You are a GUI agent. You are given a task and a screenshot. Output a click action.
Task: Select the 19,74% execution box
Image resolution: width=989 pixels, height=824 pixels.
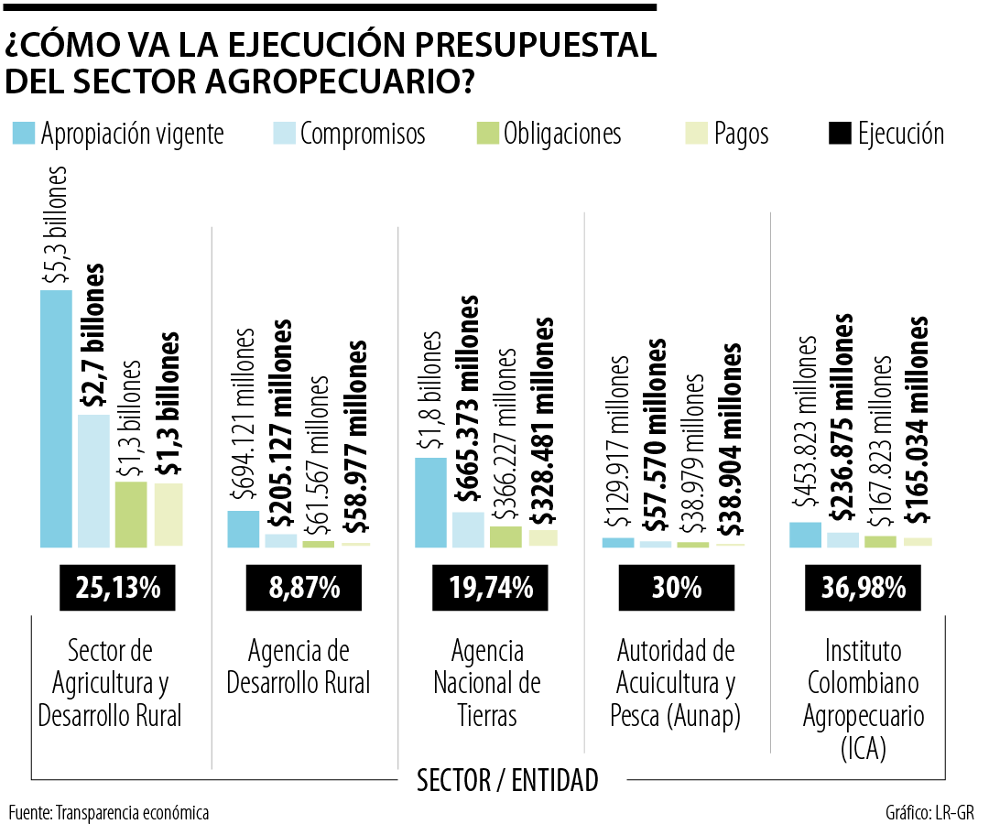click(492, 588)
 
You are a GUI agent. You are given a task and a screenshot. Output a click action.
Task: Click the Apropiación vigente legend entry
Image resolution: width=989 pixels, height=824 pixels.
click(118, 134)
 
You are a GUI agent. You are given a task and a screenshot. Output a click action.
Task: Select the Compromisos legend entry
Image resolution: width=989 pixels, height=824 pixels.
click(350, 134)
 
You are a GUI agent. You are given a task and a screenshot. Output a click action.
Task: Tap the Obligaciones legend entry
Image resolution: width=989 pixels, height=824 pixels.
click(549, 134)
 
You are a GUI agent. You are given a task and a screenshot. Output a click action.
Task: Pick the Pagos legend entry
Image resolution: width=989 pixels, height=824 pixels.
click(727, 134)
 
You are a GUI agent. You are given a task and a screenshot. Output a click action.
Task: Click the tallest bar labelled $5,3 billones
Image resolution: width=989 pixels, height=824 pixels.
click(55, 418)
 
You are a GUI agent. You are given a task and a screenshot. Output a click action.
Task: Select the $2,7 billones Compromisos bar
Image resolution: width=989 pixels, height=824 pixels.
click(92, 481)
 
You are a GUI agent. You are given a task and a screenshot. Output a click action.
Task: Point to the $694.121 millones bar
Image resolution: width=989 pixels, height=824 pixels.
click(243, 529)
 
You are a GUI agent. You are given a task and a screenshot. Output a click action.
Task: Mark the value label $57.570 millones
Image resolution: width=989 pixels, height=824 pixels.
click(657, 436)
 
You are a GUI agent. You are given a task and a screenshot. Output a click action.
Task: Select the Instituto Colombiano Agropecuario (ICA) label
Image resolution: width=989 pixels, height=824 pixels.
click(864, 699)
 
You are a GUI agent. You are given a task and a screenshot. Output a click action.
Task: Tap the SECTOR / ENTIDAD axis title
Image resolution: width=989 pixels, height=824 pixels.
click(507, 781)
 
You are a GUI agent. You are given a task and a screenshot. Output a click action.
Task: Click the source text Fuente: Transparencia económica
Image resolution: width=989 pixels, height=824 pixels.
click(109, 812)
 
